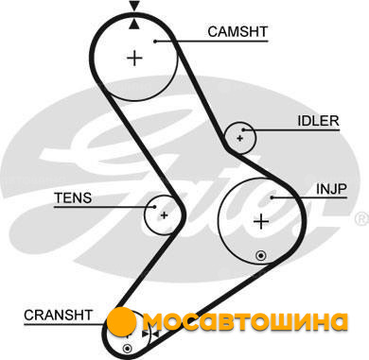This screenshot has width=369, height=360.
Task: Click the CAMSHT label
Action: pos(237,31)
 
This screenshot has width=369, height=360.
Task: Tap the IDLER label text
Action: pos(318,121)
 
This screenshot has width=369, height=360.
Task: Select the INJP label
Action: pos(331,189)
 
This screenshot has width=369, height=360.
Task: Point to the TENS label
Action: pos(73,197)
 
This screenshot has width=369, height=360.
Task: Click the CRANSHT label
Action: pos(58,315)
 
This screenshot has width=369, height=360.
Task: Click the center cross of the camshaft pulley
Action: pos(134,58)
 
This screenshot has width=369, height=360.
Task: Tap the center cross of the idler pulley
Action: pos(240,138)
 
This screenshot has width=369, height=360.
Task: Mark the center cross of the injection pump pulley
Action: pos(261,222)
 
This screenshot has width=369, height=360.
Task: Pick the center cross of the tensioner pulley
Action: pos(164,215)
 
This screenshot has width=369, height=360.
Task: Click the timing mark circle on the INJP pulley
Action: pos(261,255)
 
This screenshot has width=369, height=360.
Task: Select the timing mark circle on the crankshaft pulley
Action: pos(127,349)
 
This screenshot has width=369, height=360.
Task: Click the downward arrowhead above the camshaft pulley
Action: pos(134,7)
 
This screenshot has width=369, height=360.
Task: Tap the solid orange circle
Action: pos(121,322)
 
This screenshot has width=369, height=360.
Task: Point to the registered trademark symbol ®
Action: pos(361,219)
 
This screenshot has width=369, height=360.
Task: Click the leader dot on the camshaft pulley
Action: pos(155,41)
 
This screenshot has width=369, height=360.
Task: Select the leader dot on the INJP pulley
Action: pos(272,197)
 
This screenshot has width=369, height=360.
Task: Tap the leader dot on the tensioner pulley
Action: pos(154,207)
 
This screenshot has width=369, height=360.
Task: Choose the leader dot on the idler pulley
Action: pos(243,129)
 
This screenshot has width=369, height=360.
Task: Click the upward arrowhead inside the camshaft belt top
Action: pos(134,24)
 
